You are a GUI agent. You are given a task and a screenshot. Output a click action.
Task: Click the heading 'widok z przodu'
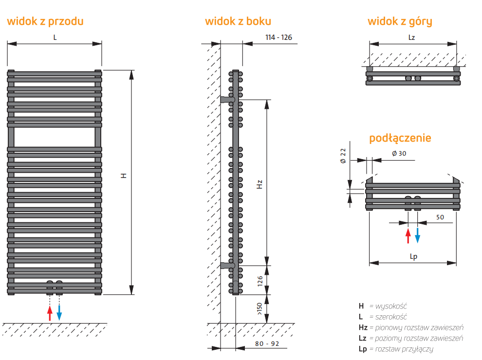45,21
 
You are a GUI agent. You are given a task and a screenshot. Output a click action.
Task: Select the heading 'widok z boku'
238,21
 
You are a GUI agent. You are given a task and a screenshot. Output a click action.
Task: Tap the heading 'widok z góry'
400,21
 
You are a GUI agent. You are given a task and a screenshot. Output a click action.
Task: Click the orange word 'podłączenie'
400,138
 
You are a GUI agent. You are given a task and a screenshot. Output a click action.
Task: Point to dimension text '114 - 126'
278,37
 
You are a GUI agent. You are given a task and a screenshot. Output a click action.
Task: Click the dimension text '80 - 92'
267,343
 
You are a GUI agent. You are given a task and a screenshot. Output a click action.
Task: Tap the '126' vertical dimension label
260,280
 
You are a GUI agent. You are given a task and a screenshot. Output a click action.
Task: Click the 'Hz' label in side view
260,184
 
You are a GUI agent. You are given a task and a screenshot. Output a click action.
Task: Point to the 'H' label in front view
124,176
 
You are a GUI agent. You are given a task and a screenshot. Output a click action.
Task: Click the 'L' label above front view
55,37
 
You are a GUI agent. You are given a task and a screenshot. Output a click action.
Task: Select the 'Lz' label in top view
412,37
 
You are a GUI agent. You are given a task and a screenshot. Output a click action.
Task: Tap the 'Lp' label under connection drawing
414,257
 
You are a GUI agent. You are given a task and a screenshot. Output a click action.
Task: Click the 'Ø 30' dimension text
399,153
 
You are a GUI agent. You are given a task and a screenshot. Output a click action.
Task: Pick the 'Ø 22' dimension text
343,156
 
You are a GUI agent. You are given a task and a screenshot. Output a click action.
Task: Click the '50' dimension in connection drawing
440,217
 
